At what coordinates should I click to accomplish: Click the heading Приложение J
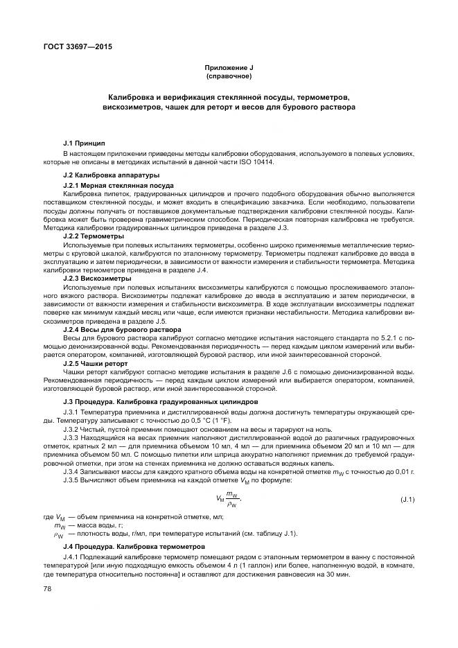[x=229, y=67]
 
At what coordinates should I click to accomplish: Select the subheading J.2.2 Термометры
[x=94, y=236]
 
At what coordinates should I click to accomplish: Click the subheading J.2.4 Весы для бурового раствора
[x=114, y=329]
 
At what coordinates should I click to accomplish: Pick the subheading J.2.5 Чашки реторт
[x=96, y=362]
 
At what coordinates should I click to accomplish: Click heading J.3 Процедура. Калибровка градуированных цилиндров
[x=150, y=402]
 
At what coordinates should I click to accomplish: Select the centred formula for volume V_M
[x=229, y=499]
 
